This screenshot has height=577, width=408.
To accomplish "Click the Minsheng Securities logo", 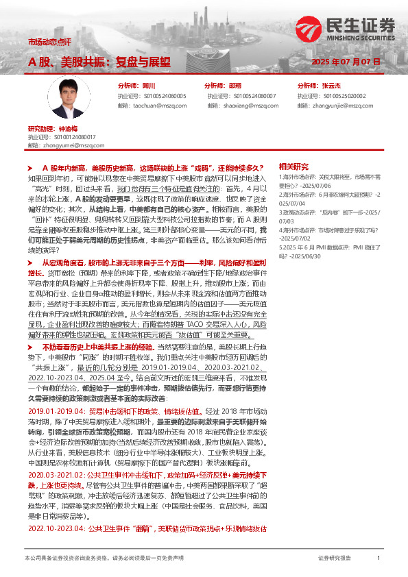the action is pyautogui.click(x=346, y=28).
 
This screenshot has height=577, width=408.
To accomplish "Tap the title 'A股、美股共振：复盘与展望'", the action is pyautogui.click(x=99, y=62).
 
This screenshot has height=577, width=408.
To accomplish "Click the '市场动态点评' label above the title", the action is pyautogui.click(x=49, y=42).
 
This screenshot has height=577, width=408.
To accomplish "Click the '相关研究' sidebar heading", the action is pyautogui.click(x=293, y=167).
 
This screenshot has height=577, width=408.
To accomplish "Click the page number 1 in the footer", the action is pyautogui.click(x=379, y=558).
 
